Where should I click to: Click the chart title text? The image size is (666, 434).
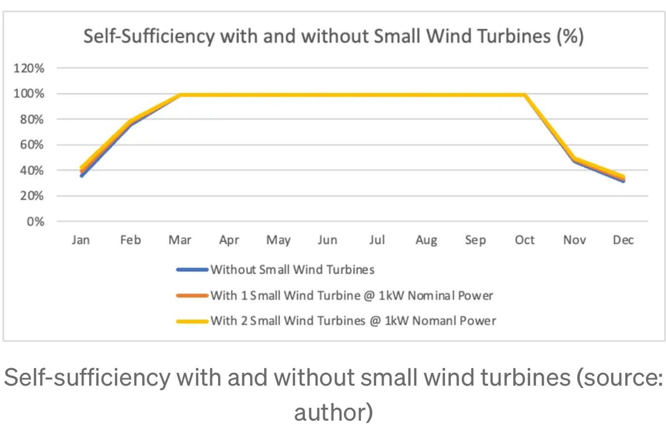(x=333, y=37)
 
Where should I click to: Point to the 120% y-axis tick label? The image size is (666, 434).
(x=28, y=68)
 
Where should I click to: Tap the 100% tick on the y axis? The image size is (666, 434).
(x=28, y=93)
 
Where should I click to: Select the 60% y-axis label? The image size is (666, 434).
(x=31, y=145)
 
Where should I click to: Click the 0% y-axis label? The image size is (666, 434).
(x=35, y=222)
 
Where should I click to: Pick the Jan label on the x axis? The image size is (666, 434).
(x=81, y=240)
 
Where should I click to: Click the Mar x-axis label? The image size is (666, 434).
(x=180, y=240)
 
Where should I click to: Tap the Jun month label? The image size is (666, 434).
(x=327, y=240)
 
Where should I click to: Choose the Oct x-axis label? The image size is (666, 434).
(x=525, y=240)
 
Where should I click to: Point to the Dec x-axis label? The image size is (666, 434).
(x=623, y=240)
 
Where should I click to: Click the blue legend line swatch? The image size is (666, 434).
(x=192, y=270)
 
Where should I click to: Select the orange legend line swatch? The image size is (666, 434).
(x=192, y=295)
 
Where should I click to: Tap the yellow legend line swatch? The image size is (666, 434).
(x=192, y=321)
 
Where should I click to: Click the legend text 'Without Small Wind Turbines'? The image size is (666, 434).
(x=292, y=270)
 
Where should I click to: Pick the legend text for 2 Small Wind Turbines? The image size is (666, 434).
(x=353, y=321)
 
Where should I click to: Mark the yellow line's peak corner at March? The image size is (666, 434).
(x=180, y=95)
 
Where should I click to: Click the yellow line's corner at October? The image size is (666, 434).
(x=525, y=95)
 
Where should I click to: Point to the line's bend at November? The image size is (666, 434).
(x=574, y=159)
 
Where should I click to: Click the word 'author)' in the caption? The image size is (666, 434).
(x=333, y=412)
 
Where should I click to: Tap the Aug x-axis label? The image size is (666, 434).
(x=426, y=240)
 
